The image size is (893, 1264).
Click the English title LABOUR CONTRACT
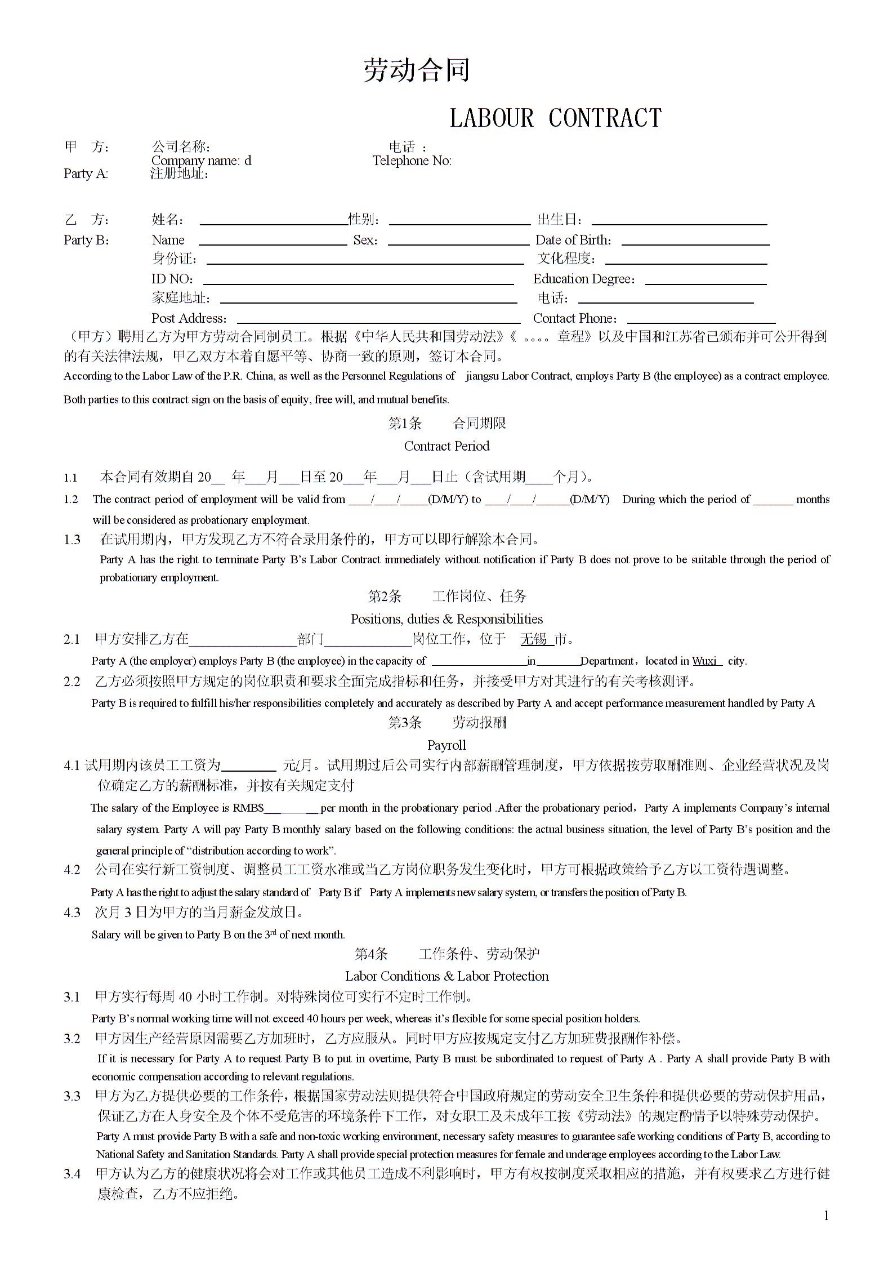[x=555, y=118]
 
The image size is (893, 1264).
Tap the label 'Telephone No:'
[x=412, y=161]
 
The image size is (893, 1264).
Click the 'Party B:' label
[x=86, y=241]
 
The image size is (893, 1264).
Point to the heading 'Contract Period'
[x=446, y=446]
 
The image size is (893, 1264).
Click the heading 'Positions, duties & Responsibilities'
[x=446, y=619]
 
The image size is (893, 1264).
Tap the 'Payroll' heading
[x=446, y=745]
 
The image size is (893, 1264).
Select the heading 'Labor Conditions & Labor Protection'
[x=446, y=976]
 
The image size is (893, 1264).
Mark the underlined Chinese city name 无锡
[x=534, y=639]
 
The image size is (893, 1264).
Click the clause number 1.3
[x=72, y=540]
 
